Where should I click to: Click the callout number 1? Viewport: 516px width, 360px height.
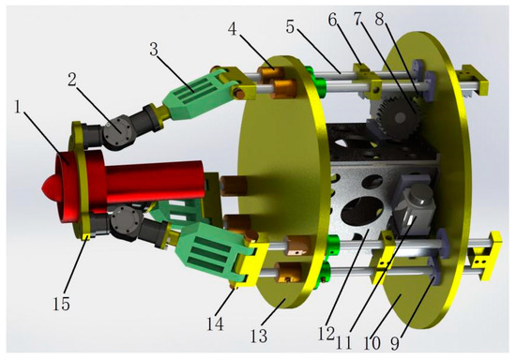click(x=19, y=107)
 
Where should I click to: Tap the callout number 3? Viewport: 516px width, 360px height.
click(x=153, y=50)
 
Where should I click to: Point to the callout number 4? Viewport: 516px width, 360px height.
click(x=233, y=29)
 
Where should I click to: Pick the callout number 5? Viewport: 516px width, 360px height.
click(x=290, y=26)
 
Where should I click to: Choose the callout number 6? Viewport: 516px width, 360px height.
click(x=333, y=20)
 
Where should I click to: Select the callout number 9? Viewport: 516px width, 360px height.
click(x=395, y=342)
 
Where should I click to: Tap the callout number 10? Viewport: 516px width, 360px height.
click(x=372, y=342)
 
